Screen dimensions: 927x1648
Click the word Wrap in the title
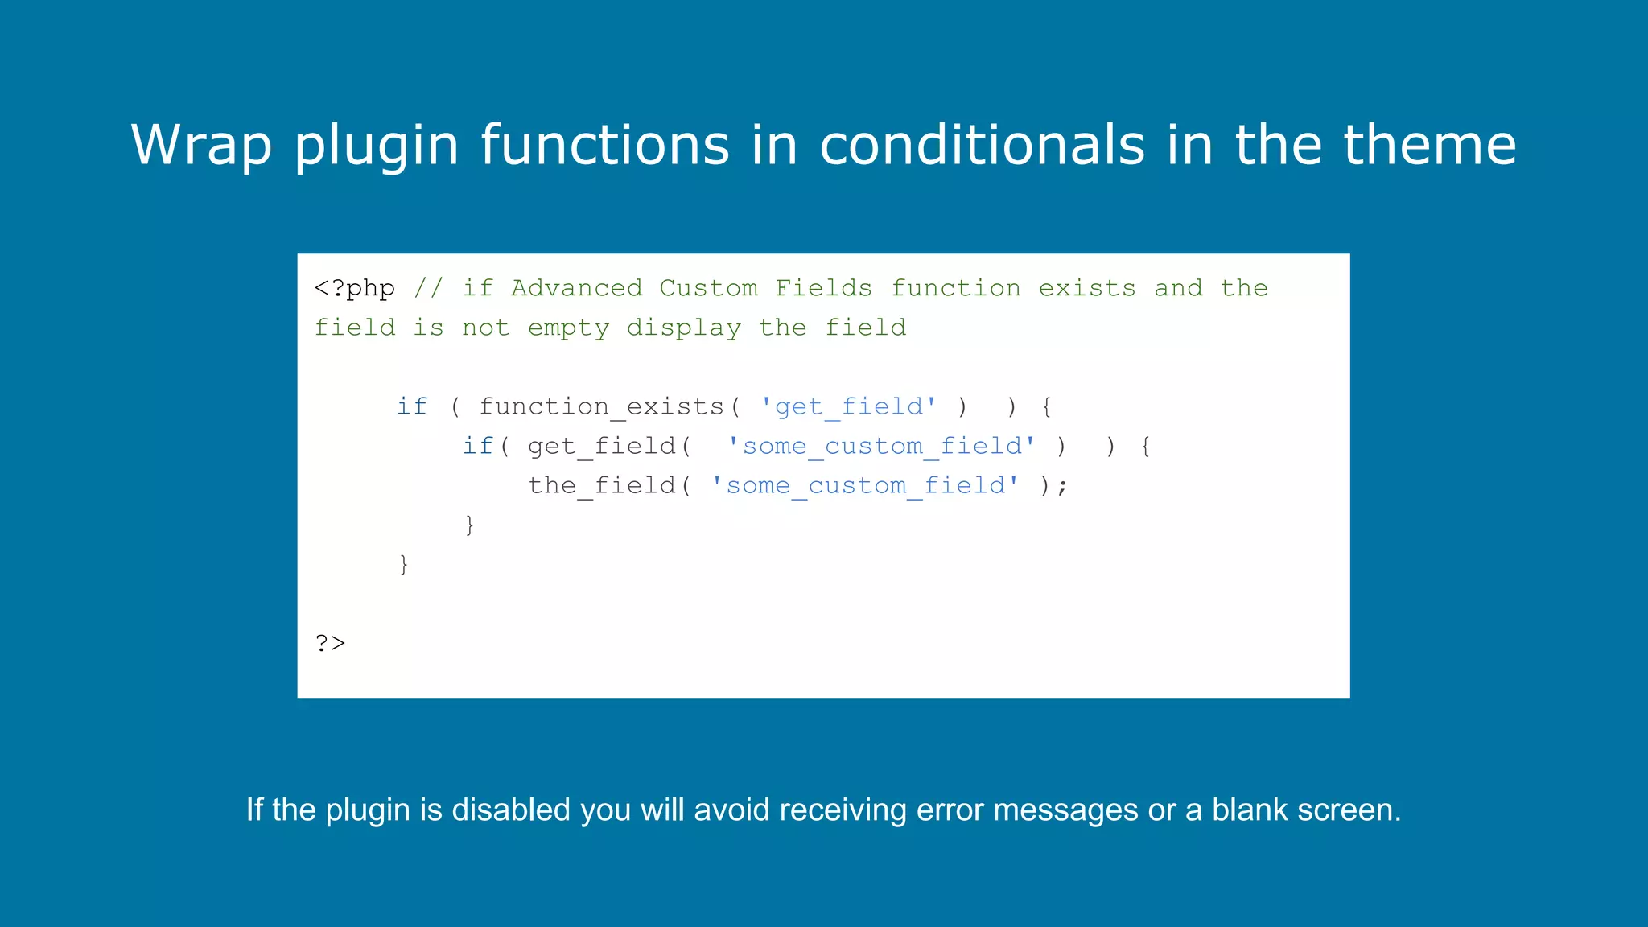point(201,145)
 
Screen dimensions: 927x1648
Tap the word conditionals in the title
point(982,145)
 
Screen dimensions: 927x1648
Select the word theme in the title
point(1430,145)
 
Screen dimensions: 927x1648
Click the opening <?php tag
point(355,288)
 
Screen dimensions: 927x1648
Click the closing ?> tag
point(330,643)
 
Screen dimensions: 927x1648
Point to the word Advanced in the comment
point(576,288)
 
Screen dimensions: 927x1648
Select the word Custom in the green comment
point(708,288)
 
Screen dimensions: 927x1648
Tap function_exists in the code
point(602,406)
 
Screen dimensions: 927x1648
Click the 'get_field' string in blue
point(848,406)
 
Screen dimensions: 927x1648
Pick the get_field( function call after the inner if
point(609,446)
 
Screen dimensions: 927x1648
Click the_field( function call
point(609,485)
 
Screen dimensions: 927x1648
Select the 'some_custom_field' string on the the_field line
point(865,485)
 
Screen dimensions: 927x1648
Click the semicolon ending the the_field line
point(1063,486)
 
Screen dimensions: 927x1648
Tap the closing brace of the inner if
point(470,525)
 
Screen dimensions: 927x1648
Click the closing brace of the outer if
point(404,564)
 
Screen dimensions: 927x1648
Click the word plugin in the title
point(376,145)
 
